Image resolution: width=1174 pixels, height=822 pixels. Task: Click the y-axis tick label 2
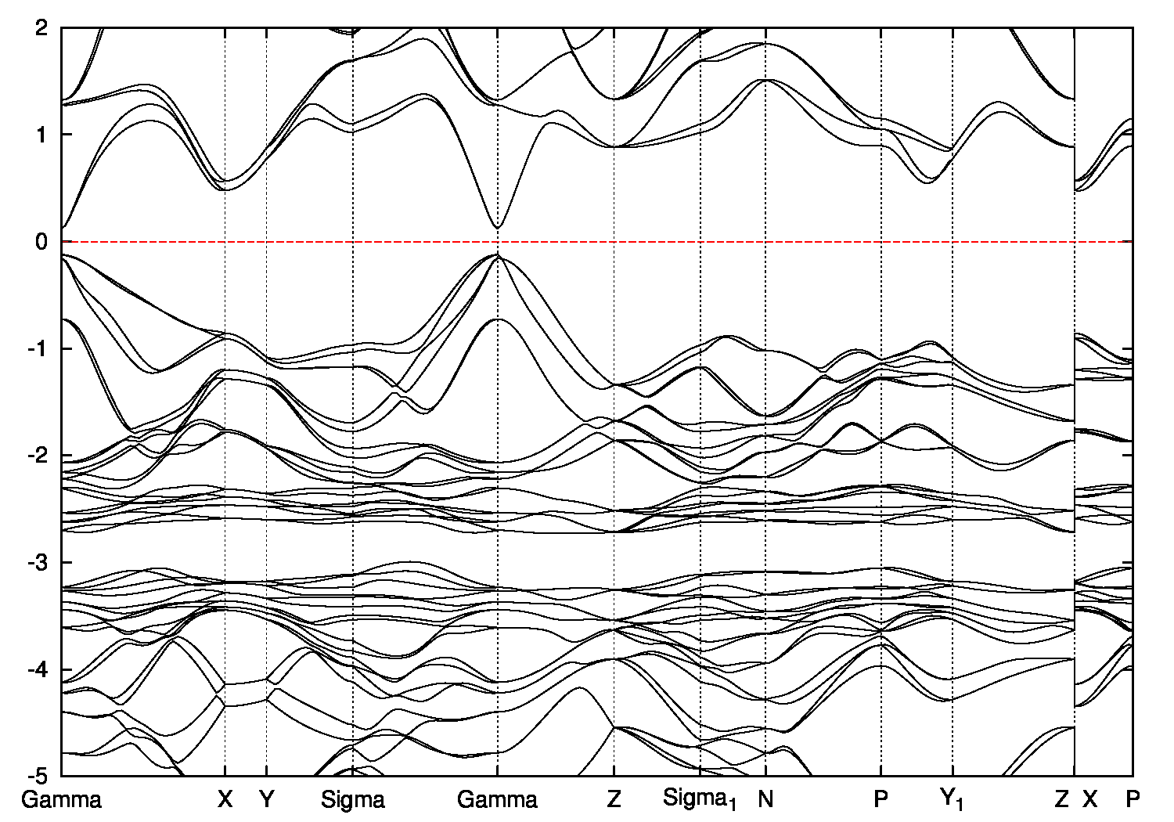coord(43,27)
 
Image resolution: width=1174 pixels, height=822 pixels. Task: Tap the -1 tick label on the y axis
coord(39,349)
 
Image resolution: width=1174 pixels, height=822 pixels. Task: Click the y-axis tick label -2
coord(39,456)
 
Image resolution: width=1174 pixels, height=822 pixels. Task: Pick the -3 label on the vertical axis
coord(39,563)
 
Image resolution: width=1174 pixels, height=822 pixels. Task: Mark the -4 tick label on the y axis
coord(39,670)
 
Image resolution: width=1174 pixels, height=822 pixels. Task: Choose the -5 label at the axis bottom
coord(39,777)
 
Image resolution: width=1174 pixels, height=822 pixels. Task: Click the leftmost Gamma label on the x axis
coord(62,800)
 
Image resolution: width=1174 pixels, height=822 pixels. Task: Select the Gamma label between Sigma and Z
coord(498,800)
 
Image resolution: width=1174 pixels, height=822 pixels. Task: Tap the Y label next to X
coord(267,800)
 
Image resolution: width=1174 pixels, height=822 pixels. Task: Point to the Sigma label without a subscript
coord(353,800)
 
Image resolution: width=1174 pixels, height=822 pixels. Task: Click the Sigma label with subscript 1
coord(700,800)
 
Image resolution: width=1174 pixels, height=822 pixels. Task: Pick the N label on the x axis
coord(765,800)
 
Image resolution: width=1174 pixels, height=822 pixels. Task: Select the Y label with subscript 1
coord(953,800)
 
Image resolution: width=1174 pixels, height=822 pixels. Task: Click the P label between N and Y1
coord(881,800)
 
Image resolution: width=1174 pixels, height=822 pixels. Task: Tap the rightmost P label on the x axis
coord(1133,800)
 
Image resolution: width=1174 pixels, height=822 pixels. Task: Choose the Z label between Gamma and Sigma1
coord(614,800)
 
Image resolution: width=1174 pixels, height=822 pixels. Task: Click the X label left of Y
coord(225,800)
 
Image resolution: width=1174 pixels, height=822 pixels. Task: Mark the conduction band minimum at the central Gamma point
coord(498,228)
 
